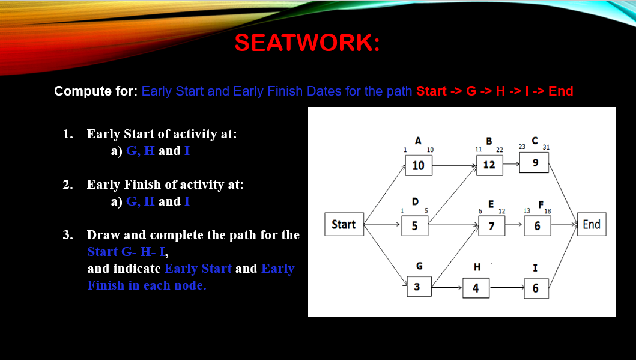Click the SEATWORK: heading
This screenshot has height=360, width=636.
tap(307, 43)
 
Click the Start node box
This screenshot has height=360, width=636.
tap(344, 224)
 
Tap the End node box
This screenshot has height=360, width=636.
tap(591, 224)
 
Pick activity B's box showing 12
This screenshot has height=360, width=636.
tap(489, 164)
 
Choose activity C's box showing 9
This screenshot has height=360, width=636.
tap(535, 163)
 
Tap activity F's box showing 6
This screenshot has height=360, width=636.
tap(537, 226)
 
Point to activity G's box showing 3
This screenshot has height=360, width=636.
tap(417, 287)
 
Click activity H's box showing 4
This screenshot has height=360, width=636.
tap(475, 288)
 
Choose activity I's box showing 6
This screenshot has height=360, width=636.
tap(535, 288)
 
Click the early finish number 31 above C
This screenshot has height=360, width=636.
tap(545, 147)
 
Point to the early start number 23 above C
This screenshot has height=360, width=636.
tap(522, 147)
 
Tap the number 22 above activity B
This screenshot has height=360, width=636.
tap(499, 149)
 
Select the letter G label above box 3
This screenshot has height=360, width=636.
tap(419, 266)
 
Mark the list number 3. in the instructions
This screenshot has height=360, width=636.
tap(68, 234)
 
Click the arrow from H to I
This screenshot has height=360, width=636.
tap(504, 288)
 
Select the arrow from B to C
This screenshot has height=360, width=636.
tap(512, 162)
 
